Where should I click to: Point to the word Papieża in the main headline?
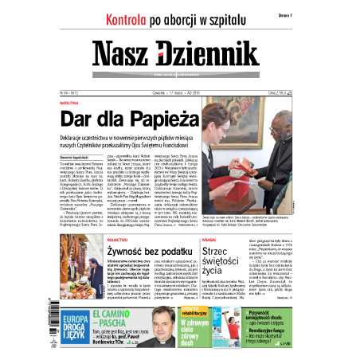(x=156, y=119)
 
